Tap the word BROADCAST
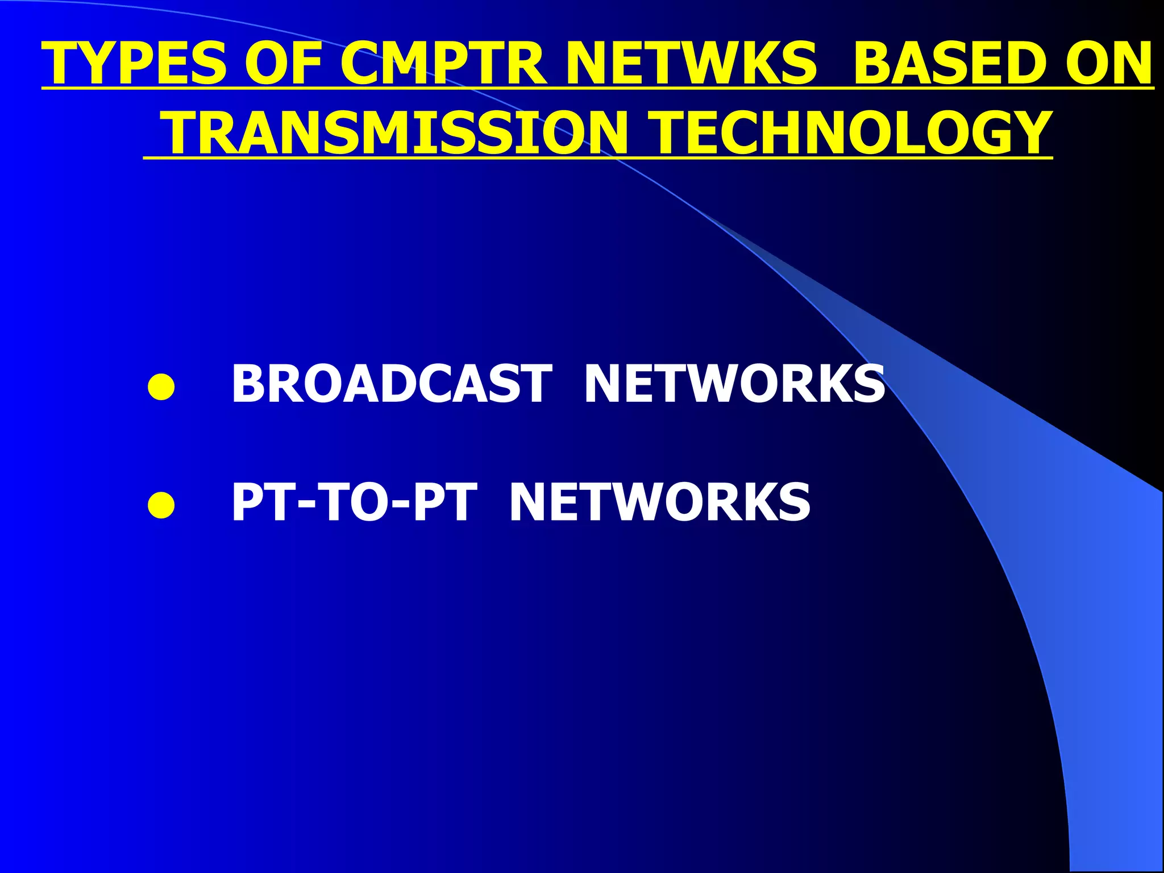(x=391, y=384)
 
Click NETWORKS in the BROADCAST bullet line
(x=734, y=384)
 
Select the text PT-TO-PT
(x=354, y=502)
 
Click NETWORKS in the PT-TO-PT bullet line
(x=660, y=502)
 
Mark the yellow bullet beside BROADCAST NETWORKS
(x=161, y=387)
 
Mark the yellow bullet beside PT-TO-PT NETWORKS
(x=161, y=505)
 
